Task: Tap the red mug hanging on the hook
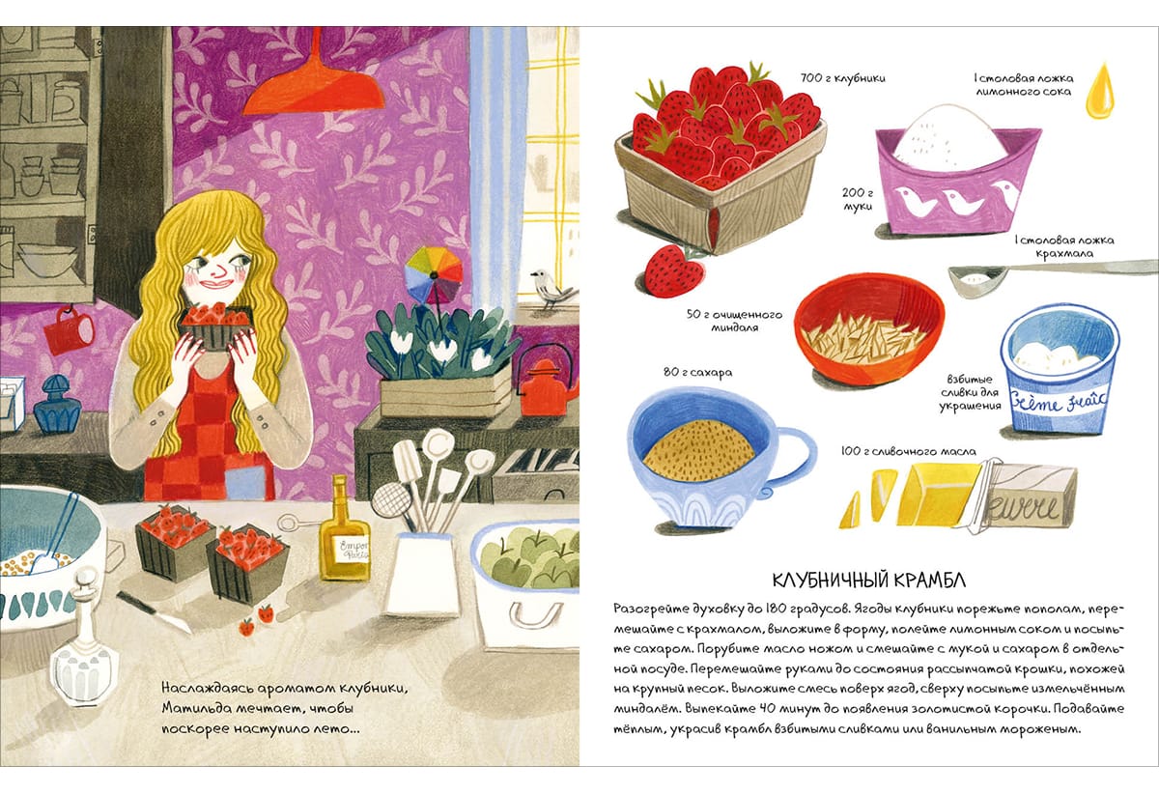(68, 331)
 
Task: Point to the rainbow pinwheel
(434, 274)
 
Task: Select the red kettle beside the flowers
(545, 383)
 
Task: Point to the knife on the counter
(154, 611)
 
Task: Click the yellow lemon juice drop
(1099, 91)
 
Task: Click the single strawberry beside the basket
(675, 270)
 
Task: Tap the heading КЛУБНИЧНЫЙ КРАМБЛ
(868, 581)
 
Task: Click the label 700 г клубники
(843, 78)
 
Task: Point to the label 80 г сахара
(698, 372)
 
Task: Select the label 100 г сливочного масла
(909, 451)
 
